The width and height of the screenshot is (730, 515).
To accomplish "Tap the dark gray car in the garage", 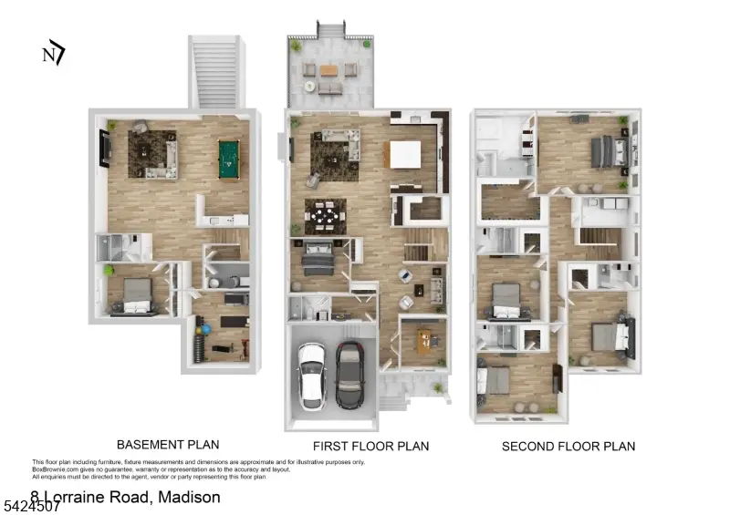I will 349,374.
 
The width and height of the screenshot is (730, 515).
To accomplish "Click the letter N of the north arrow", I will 48,55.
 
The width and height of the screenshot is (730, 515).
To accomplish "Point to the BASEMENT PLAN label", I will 168,445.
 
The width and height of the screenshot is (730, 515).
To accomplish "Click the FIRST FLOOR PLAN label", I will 370,446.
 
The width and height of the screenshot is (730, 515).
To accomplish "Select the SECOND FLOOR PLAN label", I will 568,446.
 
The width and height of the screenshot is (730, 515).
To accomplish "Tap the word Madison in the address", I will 189,497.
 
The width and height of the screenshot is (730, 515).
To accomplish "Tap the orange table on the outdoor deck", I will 328,69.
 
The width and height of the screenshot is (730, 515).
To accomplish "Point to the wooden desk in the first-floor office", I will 426,339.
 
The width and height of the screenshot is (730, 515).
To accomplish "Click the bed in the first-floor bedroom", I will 317,258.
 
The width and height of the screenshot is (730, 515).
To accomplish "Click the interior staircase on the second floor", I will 600,239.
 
